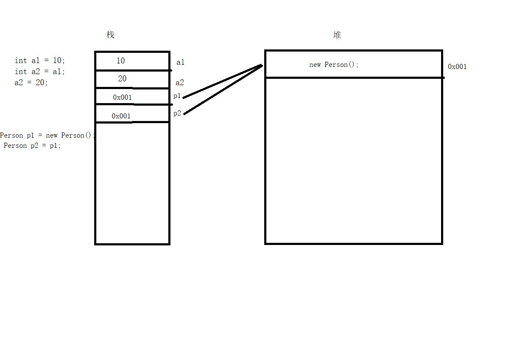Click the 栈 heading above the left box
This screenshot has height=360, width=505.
pos(110,35)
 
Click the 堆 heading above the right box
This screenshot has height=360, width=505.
pos(337,35)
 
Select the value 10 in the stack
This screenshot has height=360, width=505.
pos(121,61)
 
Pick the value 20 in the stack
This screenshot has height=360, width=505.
pos(122,79)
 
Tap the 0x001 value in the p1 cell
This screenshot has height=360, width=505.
pos(122,98)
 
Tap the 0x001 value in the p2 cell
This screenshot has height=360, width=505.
pos(121,116)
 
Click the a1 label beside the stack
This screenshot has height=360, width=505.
pos(180,63)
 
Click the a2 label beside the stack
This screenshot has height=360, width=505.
pos(180,83)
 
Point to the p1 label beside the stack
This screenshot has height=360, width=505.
pos(177,96)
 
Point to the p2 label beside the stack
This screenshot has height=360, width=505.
pos(177,113)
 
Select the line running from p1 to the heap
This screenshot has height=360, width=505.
pos(222,81)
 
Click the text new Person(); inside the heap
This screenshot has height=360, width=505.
pos(334,65)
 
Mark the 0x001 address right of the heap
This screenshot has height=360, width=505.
pos(457,67)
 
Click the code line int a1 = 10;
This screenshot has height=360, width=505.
pos(40,61)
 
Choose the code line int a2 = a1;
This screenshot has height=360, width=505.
pos(40,72)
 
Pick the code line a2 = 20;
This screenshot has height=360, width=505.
pos(31,83)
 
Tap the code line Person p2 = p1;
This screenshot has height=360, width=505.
pos(32,146)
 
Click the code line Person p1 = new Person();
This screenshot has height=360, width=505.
pos(47,135)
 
